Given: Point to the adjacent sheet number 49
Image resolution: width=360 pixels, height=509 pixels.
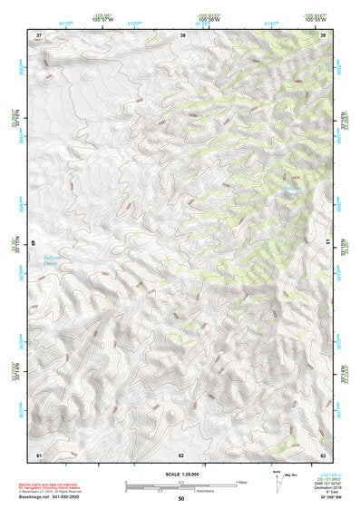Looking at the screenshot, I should pyautogui.click(x=34, y=242).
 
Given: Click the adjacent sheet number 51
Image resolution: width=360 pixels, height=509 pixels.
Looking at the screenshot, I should pyautogui.click(x=329, y=242).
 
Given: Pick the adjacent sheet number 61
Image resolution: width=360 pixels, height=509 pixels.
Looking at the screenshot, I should pyautogui.click(x=39, y=454).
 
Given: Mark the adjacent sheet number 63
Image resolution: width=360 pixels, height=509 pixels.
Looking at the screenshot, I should pyautogui.click(x=324, y=454).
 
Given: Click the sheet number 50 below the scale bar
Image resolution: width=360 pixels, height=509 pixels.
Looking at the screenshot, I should pyautogui.click(x=181, y=499).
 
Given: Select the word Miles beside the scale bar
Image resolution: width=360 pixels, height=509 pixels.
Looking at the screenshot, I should pyautogui.click(x=241, y=482).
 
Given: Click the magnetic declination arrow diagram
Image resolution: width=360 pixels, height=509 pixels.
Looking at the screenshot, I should pyautogui.click(x=277, y=480).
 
